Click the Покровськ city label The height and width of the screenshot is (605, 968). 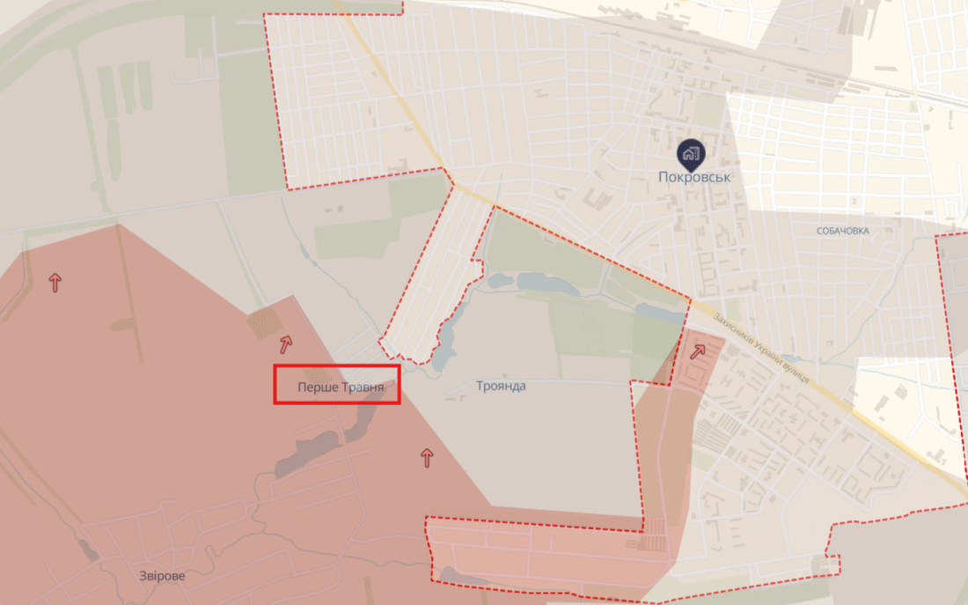pyautogui.click(x=694, y=176)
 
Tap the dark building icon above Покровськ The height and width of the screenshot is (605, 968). pyautogui.click(x=691, y=154)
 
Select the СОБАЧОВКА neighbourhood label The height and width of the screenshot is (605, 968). pyautogui.click(x=842, y=231)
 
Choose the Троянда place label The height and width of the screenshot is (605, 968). pyautogui.click(x=501, y=386)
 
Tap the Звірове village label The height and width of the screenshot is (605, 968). pyautogui.click(x=162, y=576)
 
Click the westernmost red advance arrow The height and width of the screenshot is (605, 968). pyautogui.click(x=55, y=283)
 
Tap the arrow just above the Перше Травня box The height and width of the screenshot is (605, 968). pyautogui.click(x=286, y=344)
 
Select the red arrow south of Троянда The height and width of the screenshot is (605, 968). pyautogui.click(x=427, y=457)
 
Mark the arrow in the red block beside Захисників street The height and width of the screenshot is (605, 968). pyautogui.click(x=698, y=352)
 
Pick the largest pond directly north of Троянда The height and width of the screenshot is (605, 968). pyautogui.click(x=545, y=283)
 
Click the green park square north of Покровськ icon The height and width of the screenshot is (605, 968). pyautogui.click(x=708, y=110)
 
